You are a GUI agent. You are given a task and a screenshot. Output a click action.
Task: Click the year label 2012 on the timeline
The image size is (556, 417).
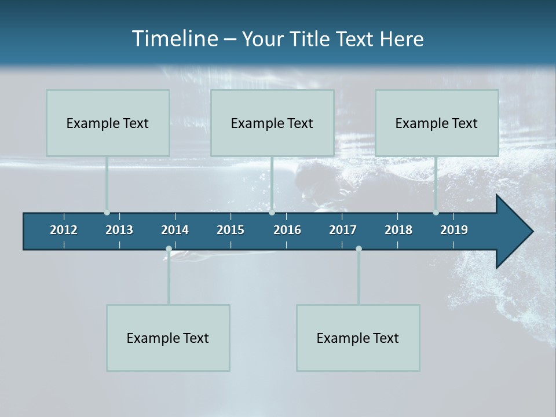point(64,230)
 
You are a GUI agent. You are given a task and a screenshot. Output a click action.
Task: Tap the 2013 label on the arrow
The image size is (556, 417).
point(119,230)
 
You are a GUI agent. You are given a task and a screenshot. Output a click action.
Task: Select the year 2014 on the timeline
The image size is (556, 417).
point(175,230)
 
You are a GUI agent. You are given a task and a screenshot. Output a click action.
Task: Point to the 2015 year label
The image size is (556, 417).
point(231,230)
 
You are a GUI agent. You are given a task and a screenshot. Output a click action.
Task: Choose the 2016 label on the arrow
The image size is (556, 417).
point(287,230)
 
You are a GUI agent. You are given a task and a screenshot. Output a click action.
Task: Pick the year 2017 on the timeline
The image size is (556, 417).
point(343,230)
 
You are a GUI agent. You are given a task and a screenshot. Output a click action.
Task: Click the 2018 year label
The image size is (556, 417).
point(398,230)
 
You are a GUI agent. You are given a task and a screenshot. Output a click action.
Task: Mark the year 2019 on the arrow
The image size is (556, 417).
point(454,230)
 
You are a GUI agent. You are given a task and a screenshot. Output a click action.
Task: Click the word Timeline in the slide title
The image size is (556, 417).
point(174,39)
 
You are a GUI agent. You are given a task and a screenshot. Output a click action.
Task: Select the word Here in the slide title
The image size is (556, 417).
point(401,39)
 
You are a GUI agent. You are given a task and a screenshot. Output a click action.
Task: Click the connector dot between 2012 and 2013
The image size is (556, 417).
point(107,212)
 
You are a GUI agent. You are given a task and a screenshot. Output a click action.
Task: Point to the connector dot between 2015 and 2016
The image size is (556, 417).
point(272,212)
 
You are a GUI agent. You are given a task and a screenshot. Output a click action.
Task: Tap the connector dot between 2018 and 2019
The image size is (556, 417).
point(436,212)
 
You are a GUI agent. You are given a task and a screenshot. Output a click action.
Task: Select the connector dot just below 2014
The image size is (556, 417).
point(169,249)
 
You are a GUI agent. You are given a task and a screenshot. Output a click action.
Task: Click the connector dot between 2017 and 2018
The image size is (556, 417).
point(359,249)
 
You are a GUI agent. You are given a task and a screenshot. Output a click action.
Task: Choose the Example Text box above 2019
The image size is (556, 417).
point(437,123)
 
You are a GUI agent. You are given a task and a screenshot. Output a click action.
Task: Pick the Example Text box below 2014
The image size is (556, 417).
point(168,338)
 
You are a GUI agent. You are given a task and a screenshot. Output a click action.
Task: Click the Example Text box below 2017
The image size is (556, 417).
point(358,338)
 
